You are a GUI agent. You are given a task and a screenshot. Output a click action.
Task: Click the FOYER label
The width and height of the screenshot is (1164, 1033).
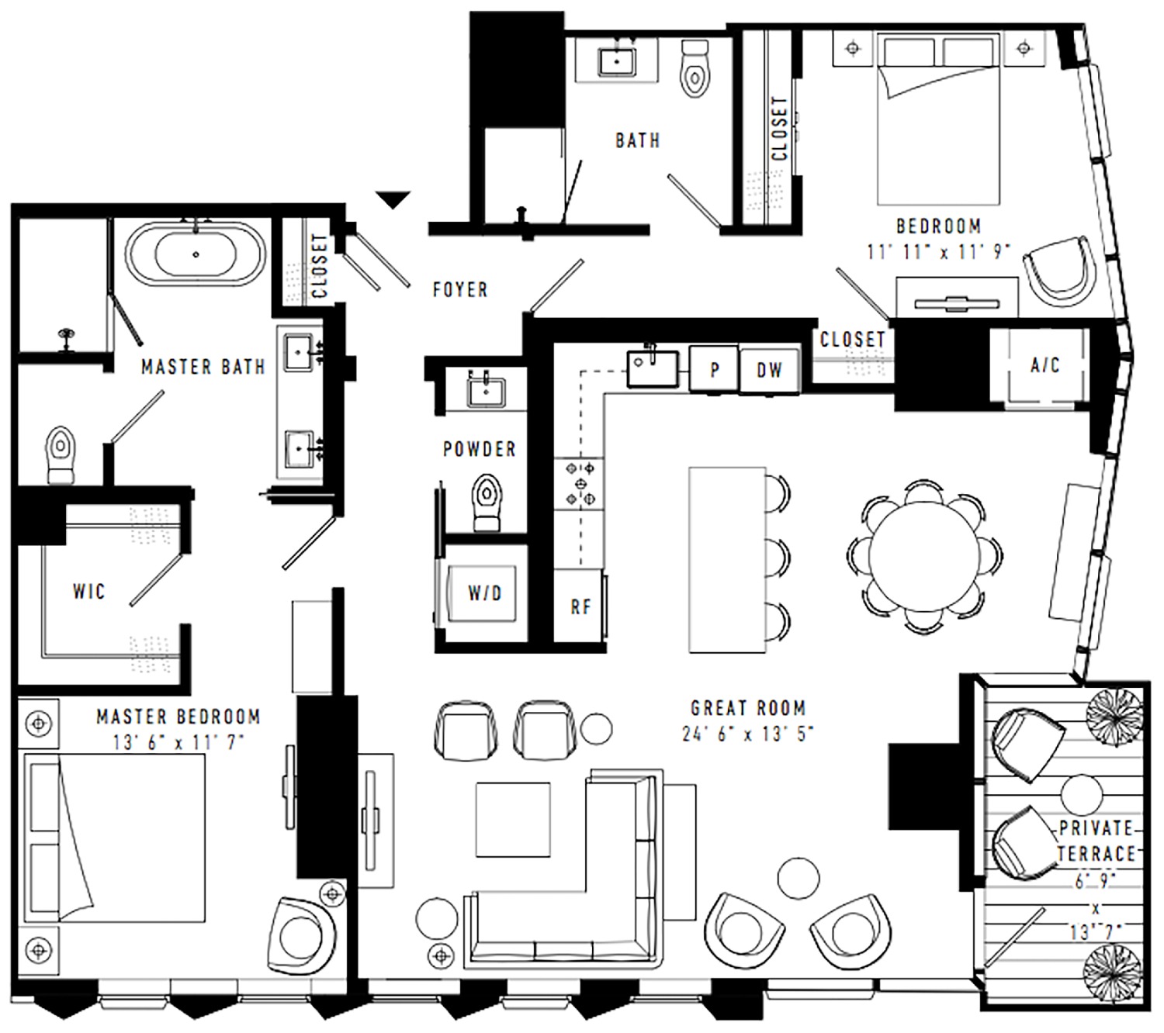[460, 289]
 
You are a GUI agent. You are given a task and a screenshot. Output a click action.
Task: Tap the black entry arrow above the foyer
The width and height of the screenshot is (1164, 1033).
[393, 199]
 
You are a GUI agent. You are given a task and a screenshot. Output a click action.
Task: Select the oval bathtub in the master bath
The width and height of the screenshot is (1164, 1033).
[196, 254]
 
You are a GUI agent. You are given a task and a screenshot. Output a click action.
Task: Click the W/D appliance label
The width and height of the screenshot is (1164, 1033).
[485, 593]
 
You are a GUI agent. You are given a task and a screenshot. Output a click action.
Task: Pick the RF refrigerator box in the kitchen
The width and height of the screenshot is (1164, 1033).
[579, 605]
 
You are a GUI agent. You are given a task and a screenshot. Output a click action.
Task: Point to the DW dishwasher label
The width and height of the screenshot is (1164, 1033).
[769, 371]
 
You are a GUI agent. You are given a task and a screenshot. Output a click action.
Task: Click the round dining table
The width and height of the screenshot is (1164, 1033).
[924, 555]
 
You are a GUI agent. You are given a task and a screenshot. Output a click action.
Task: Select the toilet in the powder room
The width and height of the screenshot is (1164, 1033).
[487, 501]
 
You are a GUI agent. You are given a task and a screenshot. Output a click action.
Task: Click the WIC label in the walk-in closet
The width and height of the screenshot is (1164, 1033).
[89, 591]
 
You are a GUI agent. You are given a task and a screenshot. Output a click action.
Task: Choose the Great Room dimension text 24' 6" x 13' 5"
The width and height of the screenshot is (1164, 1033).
[747, 734]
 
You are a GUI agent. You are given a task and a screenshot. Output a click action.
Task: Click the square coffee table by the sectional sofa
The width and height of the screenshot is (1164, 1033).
[512, 820]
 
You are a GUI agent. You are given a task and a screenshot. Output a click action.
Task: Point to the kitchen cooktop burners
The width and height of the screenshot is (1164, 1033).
[579, 483]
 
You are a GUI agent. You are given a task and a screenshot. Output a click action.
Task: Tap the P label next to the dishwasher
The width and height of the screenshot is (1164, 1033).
[714, 371]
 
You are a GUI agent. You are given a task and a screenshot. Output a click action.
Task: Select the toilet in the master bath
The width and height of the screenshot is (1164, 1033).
[61, 454]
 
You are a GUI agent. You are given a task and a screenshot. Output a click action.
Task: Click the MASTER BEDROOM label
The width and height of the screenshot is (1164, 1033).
[178, 717]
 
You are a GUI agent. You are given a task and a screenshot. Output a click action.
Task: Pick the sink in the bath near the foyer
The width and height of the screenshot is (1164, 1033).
[616, 61]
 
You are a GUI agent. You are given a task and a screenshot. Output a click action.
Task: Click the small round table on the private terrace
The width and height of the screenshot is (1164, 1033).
[1082, 795]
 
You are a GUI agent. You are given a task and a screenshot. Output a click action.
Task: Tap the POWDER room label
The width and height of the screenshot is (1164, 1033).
[479, 449]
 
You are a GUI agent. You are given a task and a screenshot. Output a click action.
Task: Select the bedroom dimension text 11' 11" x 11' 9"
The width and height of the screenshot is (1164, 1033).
[937, 251]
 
